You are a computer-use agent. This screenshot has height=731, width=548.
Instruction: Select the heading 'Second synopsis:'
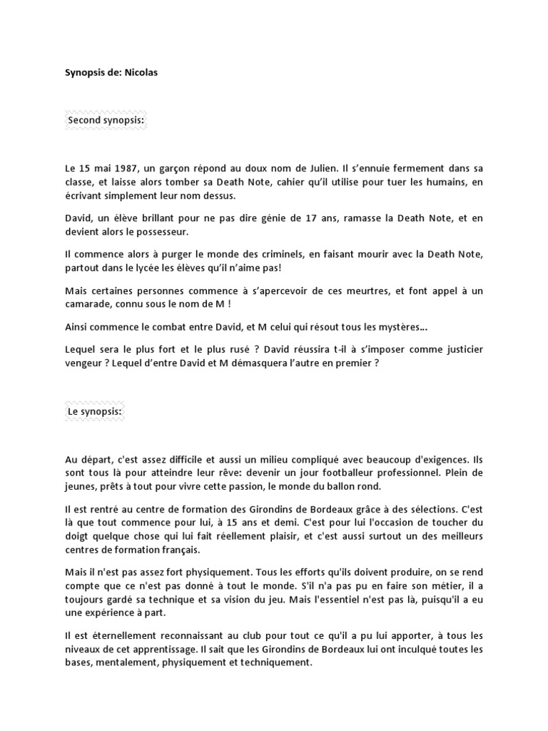click(106, 120)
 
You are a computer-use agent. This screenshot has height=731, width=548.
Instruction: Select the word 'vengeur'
click(84, 363)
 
